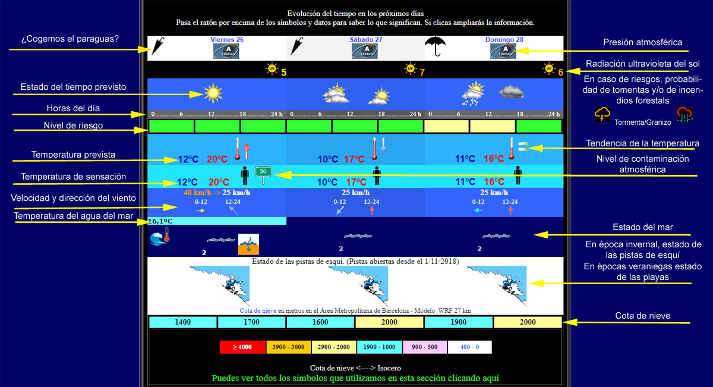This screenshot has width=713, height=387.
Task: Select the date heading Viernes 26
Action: pyautogui.click(x=227, y=39)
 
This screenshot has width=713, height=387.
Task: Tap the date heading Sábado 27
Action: pyautogui.click(x=365, y=39)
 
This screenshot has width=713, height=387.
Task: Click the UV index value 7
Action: pyautogui.click(x=422, y=73)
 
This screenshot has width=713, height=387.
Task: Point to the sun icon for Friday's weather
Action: pyautogui.click(x=212, y=93)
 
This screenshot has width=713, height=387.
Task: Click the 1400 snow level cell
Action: pyautogui.click(x=182, y=322)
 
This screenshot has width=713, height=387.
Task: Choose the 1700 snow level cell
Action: pyautogui.click(x=251, y=322)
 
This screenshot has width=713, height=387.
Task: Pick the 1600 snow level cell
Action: pyautogui.click(x=320, y=322)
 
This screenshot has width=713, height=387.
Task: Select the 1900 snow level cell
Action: pyautogui.click(x=458, y=322)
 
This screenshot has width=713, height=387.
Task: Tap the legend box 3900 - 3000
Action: pyautogui.click(x=288, y=347)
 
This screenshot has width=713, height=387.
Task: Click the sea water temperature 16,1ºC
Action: pyautogui.click(x=160, y=221)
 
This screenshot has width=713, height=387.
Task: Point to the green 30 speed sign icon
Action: pyautogui.click(x=263, y=172)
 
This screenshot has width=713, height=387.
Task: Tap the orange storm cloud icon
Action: pyautogui.click(x=603, y=114)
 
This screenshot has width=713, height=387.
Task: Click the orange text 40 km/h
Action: pyautogui.click(x=195, y=193)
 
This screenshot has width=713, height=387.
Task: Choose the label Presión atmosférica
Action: pyautogui.click(x=642, y=43)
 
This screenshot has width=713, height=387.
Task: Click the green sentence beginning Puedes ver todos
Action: pyautogui.click(x=355, y=378)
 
